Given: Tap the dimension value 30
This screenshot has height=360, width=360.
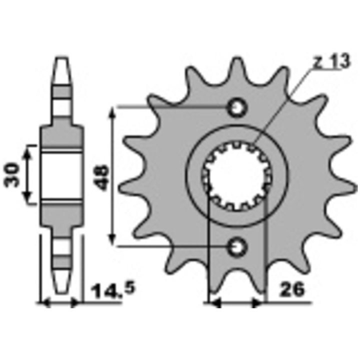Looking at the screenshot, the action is (12, 175).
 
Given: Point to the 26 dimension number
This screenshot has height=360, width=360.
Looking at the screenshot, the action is (292, 289).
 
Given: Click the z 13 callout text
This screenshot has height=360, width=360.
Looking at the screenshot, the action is (332, 61).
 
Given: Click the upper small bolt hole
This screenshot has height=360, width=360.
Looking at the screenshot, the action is (237, 107).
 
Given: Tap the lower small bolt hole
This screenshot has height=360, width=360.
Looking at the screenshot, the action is (237, 247).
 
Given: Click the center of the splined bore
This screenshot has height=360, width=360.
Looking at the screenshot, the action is (237, 176).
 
